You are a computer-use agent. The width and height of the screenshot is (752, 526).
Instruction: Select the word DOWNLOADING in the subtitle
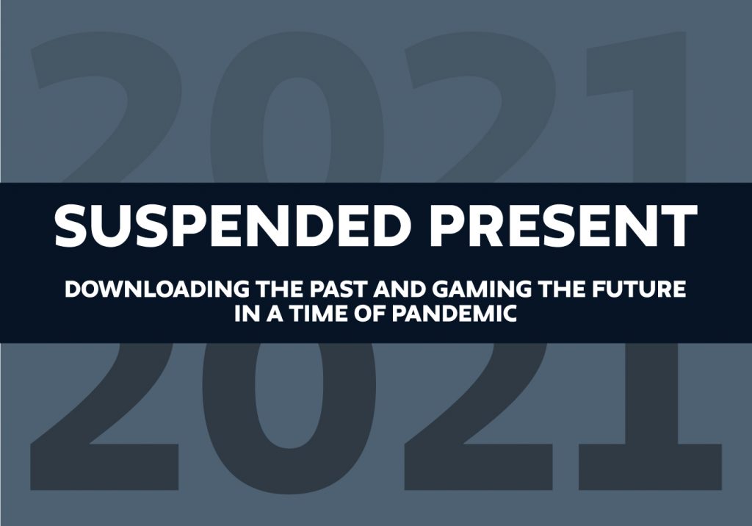click(157, 289)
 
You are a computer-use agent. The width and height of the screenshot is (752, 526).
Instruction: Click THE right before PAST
click(279, 289)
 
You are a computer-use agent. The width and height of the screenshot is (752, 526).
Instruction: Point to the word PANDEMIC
click(454, 314)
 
